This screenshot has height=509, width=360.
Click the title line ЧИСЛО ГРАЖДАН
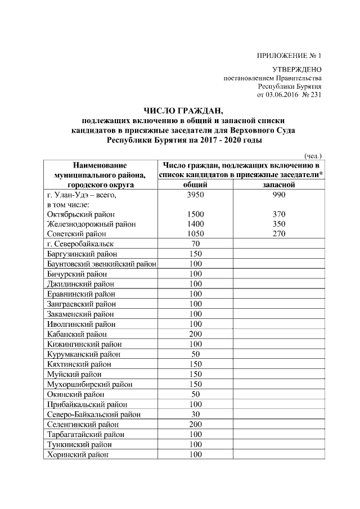tap(183, 110)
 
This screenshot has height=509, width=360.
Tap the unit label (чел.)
tap(312, 156)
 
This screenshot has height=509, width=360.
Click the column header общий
tap(196, 184)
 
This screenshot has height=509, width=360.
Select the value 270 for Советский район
tap(278, 233)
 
